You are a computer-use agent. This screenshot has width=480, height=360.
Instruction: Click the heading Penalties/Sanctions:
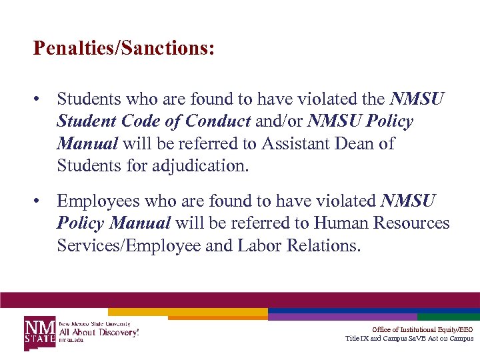pyautogui.click(x=124, y=49)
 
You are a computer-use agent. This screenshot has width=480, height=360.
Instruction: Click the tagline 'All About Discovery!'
pyautogui.click(x=99, y=331)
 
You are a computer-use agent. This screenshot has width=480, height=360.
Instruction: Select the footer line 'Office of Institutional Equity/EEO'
pyautogui.click(x=422, y=329)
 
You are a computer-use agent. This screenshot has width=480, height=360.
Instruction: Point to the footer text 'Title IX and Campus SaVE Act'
pyautogui.click(x=409, y=339)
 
